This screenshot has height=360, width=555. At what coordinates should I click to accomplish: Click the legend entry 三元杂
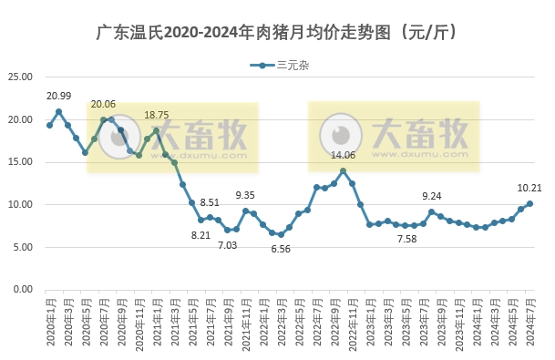click(290, 66)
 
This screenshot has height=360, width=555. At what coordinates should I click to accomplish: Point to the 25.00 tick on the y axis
click(21, 77)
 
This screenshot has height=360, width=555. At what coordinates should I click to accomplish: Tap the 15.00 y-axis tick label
click(21, 162)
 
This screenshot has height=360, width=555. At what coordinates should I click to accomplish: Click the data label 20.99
click(58, 96)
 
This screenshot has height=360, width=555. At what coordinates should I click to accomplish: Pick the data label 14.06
click(343, 155)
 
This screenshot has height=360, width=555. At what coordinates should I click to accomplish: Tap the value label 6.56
click(280, 249)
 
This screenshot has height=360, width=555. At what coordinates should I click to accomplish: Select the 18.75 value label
click(156, 115)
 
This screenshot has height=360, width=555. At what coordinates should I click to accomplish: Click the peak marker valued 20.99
click(58, 111)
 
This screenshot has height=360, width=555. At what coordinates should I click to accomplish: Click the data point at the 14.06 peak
click(343, 170)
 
